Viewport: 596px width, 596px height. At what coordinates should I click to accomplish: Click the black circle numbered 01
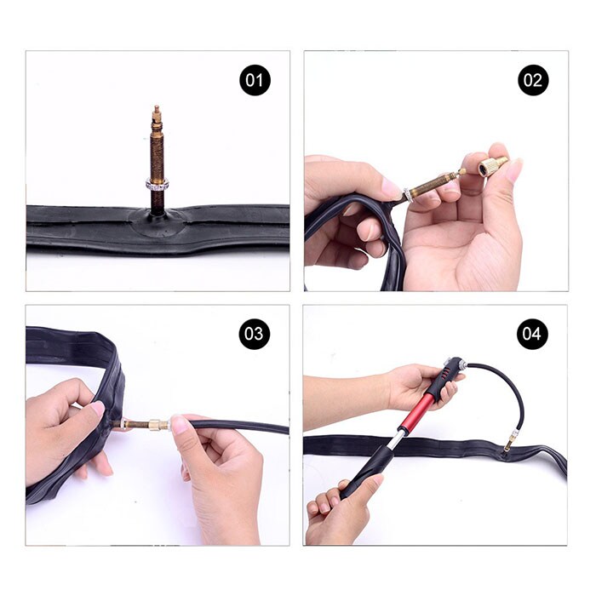(x=255, y=80)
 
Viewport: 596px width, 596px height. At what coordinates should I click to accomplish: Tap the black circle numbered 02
(x=533, y=80)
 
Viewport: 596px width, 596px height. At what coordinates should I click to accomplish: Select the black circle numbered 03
(x=255, y=334)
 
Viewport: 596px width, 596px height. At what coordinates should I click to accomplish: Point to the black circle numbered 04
(x=532, y=334)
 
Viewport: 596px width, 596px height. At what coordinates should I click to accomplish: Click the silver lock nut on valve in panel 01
(x=157, y=185)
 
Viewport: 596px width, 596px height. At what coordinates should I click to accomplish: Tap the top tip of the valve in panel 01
(x=157, y=106)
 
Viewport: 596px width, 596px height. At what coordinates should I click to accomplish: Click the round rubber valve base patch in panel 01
(x=158, y=223)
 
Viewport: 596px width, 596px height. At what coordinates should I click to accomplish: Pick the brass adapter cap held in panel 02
(x=492, y=166)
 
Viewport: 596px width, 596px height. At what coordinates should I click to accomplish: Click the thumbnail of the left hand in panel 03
(x=97, y=410)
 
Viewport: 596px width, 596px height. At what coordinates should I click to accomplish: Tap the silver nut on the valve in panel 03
(x=124, y=424)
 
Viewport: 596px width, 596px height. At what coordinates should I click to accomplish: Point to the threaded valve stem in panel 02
(x=433, y=183)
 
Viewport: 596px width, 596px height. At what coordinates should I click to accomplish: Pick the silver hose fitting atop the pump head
(x=461, y=365)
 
